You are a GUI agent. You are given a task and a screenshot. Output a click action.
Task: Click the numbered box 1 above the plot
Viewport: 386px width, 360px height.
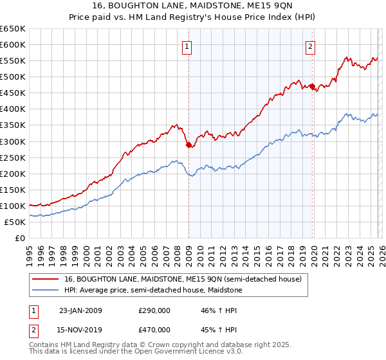187,46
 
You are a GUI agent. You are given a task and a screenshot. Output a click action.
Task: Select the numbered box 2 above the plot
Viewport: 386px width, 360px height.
310,46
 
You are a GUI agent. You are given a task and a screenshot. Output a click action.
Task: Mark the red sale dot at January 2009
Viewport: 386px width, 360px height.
188,145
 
